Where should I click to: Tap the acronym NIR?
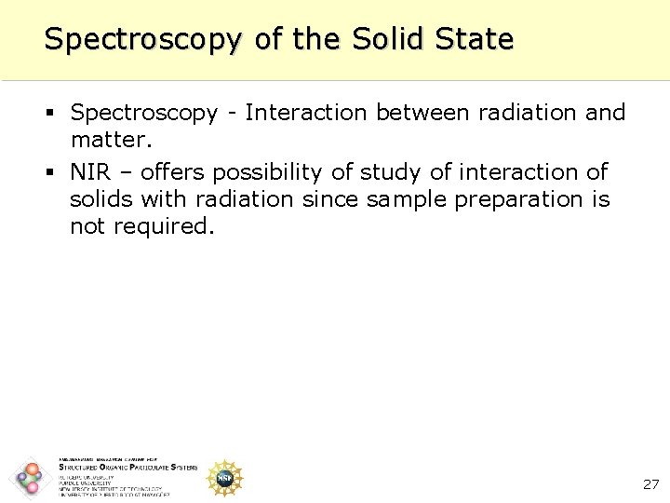pos(91,172)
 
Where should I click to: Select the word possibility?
pos(291,172)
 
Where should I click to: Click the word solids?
pos(101,199)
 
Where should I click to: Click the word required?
pos(164,226)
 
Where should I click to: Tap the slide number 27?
pos(650,484)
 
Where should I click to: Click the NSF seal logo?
pos(224,477)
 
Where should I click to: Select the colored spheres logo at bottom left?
pos(30,478)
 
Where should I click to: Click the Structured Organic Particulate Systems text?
pos(127,468)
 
